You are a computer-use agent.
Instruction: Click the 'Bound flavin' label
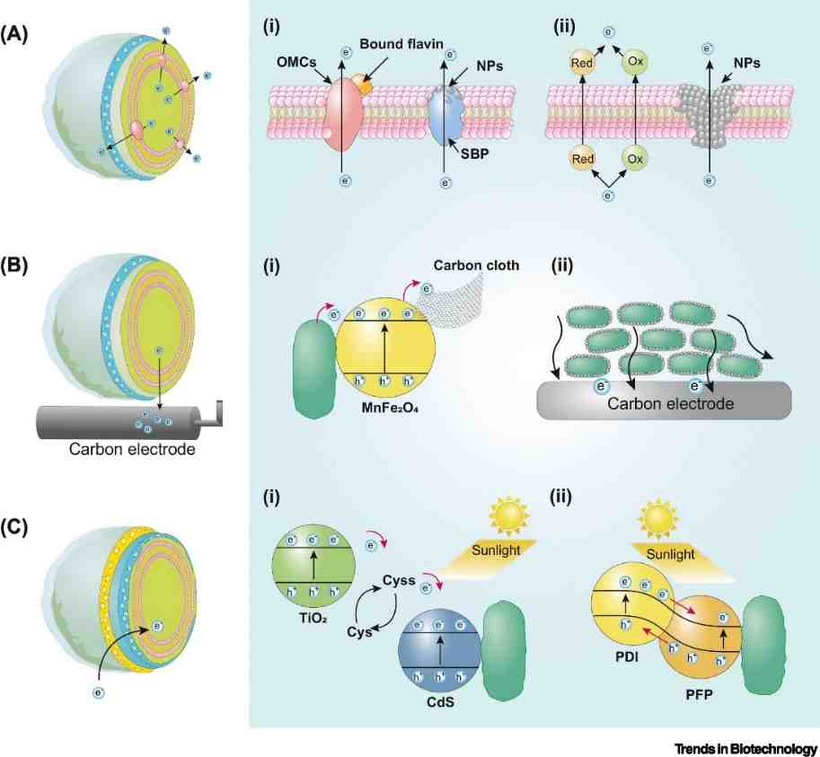pos(401,44)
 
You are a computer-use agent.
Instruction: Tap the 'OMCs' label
pos(296,62)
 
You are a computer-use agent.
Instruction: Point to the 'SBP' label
pos(474,154)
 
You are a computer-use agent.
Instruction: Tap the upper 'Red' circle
pos(581,63)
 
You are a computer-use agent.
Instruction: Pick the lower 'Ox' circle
pos(635,158)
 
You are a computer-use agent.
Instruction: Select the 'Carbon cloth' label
pos(476,265)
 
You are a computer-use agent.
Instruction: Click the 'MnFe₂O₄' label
pos(389,408)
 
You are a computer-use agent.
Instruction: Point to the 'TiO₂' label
pos(313,618)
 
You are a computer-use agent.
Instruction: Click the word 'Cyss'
pos(399,580)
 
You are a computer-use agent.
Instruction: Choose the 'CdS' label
pos(440,702)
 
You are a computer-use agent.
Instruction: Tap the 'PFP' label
pos(699,695)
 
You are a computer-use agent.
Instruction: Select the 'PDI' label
pos(627,656)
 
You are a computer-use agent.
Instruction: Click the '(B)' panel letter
pos(14,266)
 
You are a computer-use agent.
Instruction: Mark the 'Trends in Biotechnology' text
pos(745,749)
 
